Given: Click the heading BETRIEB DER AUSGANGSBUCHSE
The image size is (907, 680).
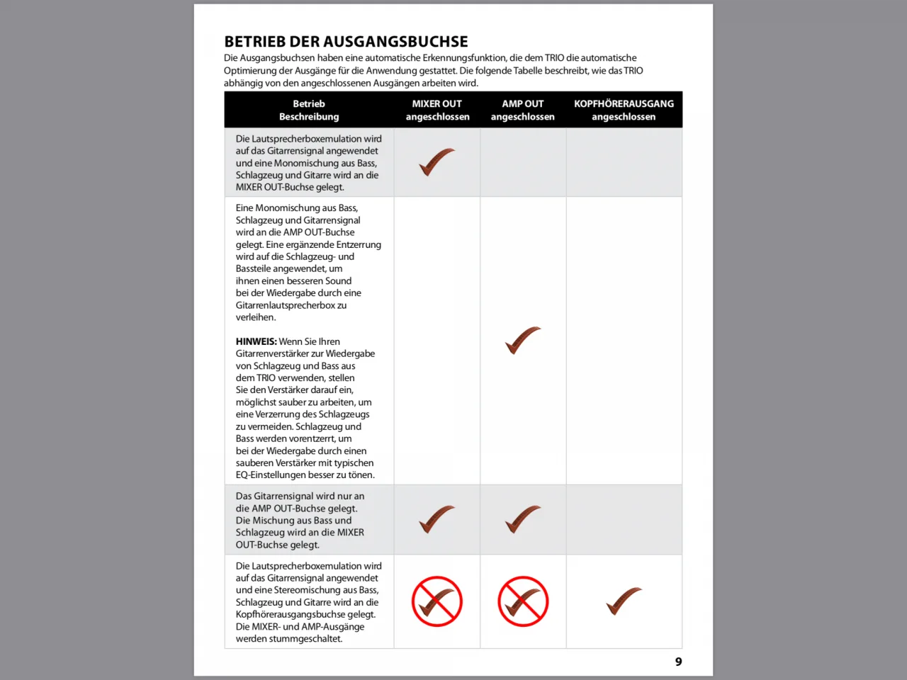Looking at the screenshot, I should point(346,42).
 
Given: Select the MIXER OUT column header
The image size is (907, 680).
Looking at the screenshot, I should point(437,110).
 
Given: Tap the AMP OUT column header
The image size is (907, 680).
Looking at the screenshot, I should point(523,110).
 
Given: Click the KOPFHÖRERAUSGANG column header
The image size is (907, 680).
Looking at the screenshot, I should point(624,110).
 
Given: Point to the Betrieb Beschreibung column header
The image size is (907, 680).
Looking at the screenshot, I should point(309,110).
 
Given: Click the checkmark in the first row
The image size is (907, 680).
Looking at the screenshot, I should point(436,161).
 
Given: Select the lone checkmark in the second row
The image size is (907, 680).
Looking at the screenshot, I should point(522,340).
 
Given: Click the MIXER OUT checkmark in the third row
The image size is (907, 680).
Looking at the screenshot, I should point(436,519).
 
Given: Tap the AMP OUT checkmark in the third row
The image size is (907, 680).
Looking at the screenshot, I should point(522,519).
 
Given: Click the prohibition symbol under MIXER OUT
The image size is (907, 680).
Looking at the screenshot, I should point(437,601).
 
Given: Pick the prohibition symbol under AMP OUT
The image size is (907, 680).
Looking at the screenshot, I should point(523,601).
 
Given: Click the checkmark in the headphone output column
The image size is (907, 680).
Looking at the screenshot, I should point(624,601).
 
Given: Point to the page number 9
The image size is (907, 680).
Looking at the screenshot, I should point(678,662).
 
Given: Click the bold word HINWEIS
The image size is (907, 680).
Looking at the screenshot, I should point(256,341).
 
